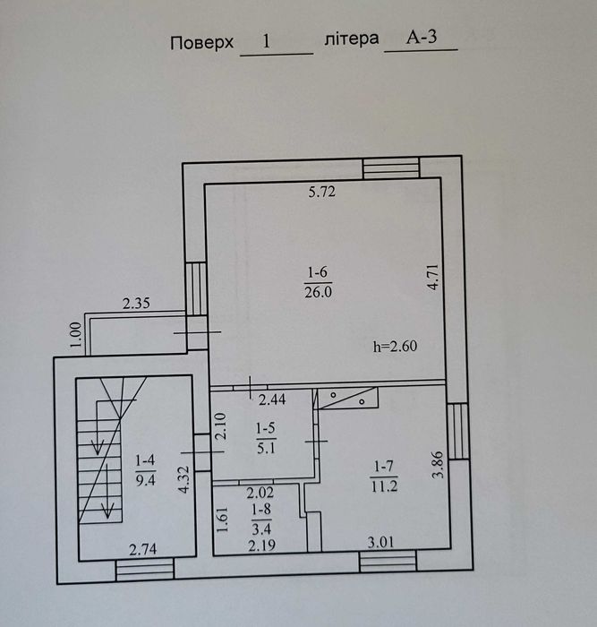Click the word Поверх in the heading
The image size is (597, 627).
202,42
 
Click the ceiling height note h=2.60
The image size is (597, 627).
396,346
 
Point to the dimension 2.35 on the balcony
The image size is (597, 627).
135,304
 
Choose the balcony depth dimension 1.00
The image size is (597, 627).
76,333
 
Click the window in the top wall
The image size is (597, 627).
391,167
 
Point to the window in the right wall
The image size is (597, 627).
456,431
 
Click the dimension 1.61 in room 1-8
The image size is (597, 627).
222,520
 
